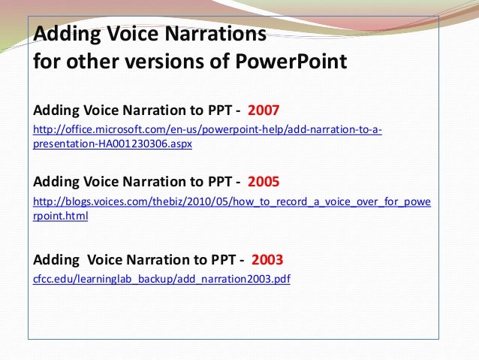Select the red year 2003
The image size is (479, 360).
click(268, 261)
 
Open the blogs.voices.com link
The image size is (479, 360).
click(233, 202)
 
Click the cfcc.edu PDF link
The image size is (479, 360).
click(161, 279)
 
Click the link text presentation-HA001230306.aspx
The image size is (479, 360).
click(113, 144)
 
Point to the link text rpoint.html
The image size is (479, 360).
click(61, 216)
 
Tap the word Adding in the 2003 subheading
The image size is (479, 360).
click(57, 261)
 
